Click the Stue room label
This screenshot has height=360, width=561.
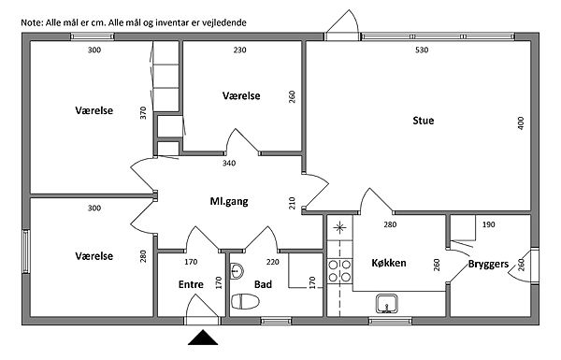[424, 121]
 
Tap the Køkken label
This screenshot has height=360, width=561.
[389, 263]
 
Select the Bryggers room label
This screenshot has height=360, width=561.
[488, 265]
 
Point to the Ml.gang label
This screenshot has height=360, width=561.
[229, 201]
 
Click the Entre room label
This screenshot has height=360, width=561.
[191, 284]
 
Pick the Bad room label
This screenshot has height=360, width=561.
[263, 284]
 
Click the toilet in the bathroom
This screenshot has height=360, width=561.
[245, 301]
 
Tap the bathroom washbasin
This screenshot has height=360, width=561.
[237, 271]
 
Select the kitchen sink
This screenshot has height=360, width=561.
[386, 304]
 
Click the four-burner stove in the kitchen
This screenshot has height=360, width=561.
[339, 271]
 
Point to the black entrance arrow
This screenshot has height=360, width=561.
[203, 338]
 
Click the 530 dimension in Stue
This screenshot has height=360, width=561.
[422, 50]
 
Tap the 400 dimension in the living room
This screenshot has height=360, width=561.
[521, 123]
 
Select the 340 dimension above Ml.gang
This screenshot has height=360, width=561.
[229, 164]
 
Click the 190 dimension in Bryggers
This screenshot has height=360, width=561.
[489, 224]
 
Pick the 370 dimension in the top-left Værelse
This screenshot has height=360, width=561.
[143, 113]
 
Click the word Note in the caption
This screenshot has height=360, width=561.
[32, 22]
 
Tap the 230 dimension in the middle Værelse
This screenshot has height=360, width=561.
[239, 50]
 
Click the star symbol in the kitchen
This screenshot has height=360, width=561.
[339, 227]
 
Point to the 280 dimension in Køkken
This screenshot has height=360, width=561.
[390, 224]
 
